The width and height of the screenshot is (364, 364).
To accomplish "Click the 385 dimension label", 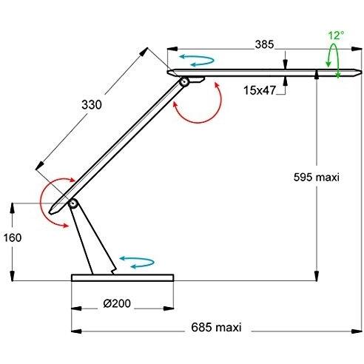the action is [264, 44].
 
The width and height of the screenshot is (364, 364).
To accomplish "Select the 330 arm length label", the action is [92, 105].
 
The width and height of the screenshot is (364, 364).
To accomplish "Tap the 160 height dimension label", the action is [13, 237].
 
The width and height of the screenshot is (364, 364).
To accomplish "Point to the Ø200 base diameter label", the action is [117, 303].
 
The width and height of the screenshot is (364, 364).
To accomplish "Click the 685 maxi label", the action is [216, 327].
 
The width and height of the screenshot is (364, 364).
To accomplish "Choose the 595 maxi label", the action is [317, 178].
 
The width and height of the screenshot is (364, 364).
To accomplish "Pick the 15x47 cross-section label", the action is [260, 90].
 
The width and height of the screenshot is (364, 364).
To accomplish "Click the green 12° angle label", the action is [336, 36].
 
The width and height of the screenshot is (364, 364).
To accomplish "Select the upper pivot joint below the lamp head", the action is [184, 81].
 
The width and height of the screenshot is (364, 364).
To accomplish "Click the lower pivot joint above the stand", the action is [73, 203].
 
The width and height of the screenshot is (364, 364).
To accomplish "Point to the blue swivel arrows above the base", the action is [137, 262].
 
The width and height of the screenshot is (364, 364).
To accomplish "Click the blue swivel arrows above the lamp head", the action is [197, 60].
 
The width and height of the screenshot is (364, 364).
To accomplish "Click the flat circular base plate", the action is [123, 277].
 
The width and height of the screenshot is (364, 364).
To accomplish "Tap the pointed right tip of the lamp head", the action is [361, 73].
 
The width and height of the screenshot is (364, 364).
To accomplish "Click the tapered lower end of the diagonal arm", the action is [53, 211].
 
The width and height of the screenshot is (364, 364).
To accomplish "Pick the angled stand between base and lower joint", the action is [92, 239].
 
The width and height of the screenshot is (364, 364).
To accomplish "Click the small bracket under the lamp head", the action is [197, 79].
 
